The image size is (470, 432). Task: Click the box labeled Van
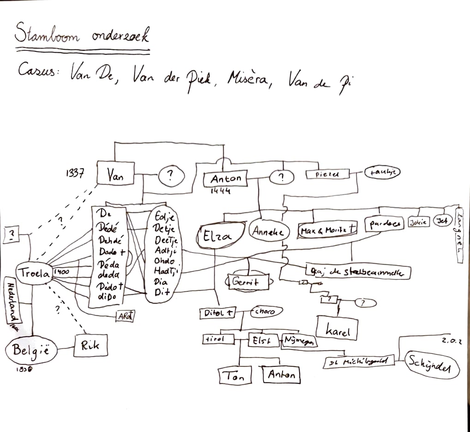coord(115,174)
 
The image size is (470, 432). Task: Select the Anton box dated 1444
coord(226,178)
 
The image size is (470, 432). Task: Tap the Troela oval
coord(34,273)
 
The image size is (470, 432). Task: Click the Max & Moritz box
coord(327,229)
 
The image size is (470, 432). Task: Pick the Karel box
coord(337,330)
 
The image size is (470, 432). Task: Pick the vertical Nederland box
coord(12,305)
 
